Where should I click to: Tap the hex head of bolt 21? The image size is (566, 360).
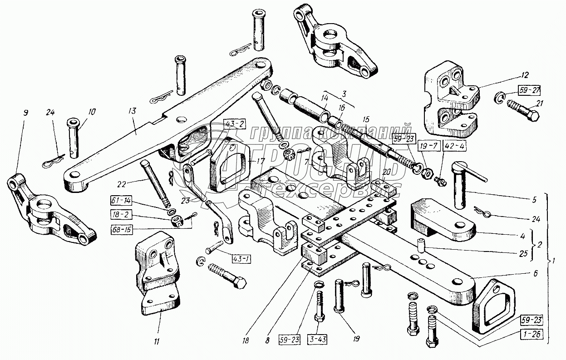click(x=534, y=117)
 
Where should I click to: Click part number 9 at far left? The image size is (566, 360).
click(x=25, y=112)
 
